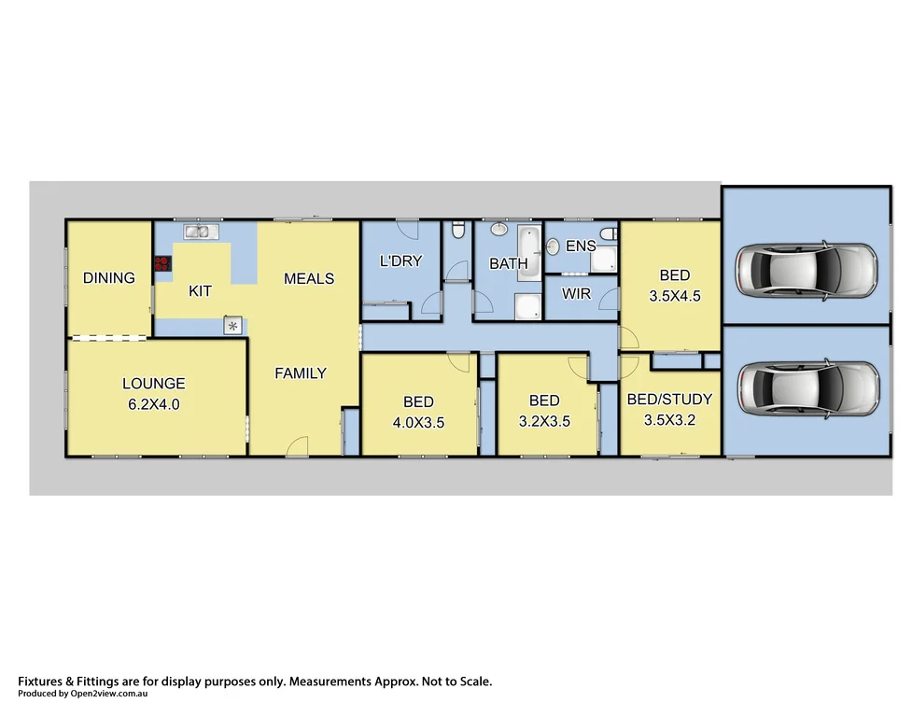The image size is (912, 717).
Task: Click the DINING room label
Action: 108,277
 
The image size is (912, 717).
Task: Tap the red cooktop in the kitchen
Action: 162,264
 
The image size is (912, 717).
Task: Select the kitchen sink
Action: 201,231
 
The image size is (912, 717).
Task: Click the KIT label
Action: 200,291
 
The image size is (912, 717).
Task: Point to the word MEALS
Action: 309,278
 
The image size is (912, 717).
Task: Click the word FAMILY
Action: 300,373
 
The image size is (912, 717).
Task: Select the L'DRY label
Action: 400,261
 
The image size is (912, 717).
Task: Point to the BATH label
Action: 509,264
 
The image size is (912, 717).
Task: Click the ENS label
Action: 581,246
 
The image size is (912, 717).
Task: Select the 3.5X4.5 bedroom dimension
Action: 674,295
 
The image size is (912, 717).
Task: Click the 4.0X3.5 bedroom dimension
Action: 418,421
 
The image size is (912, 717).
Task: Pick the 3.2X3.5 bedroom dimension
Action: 543,421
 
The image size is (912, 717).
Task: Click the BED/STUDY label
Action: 669,399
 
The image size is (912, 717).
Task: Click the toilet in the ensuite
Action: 608,233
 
